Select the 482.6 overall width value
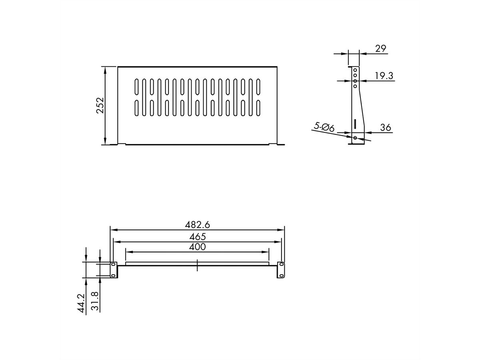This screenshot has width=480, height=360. coord(197,225)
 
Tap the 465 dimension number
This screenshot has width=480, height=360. coord(198,236)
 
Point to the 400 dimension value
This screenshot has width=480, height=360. coord(198,247)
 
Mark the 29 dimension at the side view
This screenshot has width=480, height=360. coord(381,48)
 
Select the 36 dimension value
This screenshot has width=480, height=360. coord(385,128)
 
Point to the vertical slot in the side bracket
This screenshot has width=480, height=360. coord(355,123)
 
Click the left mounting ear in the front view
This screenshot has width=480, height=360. coord(114,270)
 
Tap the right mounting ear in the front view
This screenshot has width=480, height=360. coord(281,270)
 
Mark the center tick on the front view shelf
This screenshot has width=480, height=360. coord(198,266)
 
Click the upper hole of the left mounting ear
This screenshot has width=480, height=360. coord(114,265)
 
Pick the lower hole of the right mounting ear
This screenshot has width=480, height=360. coord(281,275)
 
